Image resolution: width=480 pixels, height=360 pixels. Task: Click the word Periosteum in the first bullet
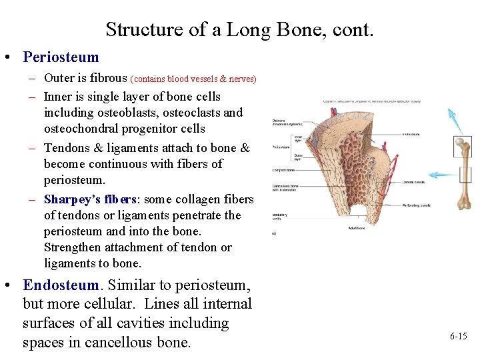pyautogui.click(x=61, y=58)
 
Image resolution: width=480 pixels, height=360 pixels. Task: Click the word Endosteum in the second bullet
pyautogui.click(x=61, y=285)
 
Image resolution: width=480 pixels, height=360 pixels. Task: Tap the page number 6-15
pyautogui.click(x=458, y=337)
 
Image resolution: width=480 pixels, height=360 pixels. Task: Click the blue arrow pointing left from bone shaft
pyautogui.click(x=443, y=175)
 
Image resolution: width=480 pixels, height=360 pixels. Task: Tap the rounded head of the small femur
pyautogui.click(x=459, y=141)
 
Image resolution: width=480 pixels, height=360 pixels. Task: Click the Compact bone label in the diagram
pyautogui.click(x=283, y=170)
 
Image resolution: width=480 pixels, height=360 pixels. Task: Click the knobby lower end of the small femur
pyautogui.click(x=465, y=203)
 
